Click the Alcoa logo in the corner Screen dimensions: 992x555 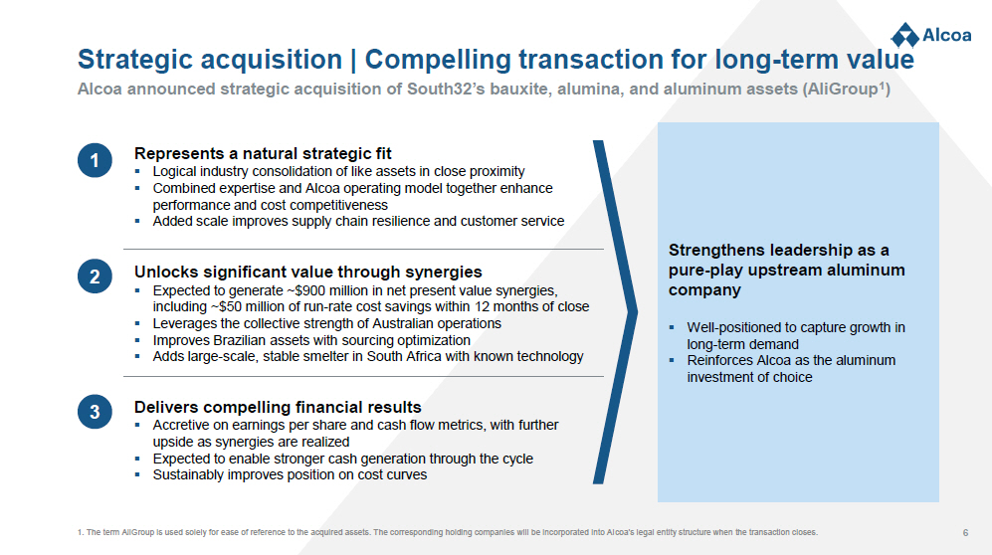click(x=930, y=35)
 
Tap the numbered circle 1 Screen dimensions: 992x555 click(x=95, y=160)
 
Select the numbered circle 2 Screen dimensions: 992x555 click(x=95, y=277)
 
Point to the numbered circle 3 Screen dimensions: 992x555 click(x=95, y=412)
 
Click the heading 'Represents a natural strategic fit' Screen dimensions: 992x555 click(x=263, y=153)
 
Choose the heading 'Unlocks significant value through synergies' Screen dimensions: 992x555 click(x=308, y=272)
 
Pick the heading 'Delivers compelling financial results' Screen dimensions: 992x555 click(x=278, y=407)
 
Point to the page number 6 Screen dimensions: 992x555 click(x=965, y=533)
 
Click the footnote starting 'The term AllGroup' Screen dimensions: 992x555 click(x=448, y=532)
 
